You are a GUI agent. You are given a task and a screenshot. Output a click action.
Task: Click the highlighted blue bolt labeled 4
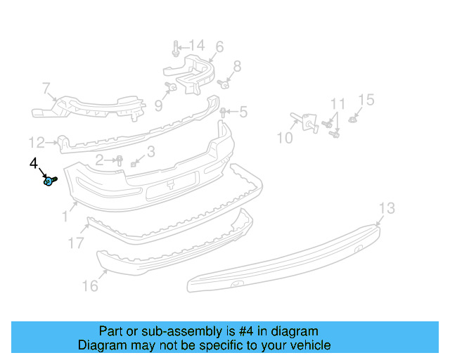point(49,181)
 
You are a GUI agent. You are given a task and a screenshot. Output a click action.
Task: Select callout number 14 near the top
point(193,46)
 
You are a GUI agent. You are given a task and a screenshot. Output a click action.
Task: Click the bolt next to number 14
point(174,50)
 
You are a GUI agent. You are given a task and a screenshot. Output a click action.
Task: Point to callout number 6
point(219,47)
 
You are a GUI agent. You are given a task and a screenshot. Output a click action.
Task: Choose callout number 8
point(237,67)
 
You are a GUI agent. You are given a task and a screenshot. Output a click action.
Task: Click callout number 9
point(158,105)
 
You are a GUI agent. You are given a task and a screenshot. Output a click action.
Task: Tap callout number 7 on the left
point(46,89)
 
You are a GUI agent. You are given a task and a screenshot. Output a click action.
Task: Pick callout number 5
point(243,111)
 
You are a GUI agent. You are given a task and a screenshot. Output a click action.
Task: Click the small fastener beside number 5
point(224,112)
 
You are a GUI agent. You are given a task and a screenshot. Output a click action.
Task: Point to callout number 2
point(100,160)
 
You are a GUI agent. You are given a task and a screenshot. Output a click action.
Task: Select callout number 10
point(284,138)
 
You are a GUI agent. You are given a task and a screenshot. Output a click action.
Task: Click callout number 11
point(338,105)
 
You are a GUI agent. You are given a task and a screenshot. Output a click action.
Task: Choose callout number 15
point(367,101)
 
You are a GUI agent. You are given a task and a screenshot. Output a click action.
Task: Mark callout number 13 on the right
point(387,208)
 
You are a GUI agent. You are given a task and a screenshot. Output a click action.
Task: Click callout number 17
point(77,243)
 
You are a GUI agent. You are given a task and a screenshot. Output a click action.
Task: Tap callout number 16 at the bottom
point(91,285)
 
